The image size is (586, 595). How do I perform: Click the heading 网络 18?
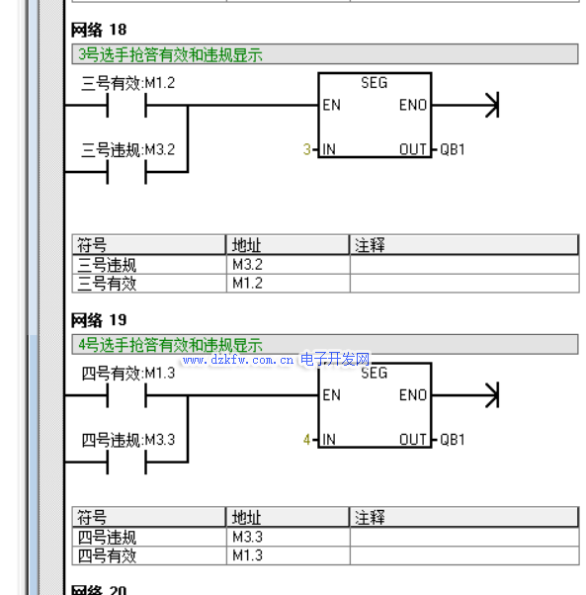pos(99,30)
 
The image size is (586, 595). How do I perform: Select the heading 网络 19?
pos(99,320)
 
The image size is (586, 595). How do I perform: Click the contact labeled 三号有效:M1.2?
pos(126,106)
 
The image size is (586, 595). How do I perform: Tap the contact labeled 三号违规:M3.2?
pos(126,172)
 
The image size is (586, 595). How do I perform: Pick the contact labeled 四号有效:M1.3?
pos(126,395)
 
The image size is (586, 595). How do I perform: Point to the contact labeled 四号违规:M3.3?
pos(126,463)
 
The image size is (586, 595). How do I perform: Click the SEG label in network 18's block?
pos(374,83)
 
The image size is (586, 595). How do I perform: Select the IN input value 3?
pos(307,149)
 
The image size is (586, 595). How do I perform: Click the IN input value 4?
pos(307,440)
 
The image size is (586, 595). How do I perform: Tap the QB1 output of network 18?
pos(453,149)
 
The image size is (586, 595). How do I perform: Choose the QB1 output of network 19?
pos(453,440)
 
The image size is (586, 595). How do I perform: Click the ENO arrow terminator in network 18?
pos(492,105)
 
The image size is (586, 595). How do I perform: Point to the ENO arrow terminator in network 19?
pos(492,395)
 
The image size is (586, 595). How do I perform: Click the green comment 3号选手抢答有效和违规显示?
pos(170,54)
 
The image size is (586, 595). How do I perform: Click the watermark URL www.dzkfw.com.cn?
pos(238,360)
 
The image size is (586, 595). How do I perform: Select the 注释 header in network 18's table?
pos(370,245)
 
